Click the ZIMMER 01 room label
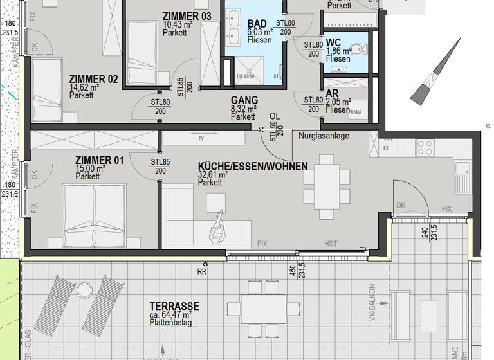click(99, 160)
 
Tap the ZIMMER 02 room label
click(93, 79)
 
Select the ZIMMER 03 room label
click(187, 16)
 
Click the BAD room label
click(257, 24)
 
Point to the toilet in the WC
click(358, 49)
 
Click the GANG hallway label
click(244, 100)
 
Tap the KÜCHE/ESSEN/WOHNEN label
click(252, 166)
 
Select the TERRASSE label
click(174, 307)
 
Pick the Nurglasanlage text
click(324, 136)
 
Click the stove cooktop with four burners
click(425, 147)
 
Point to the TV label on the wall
click(201, 138)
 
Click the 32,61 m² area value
click(213, 174)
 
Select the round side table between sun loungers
click(85, 291)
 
